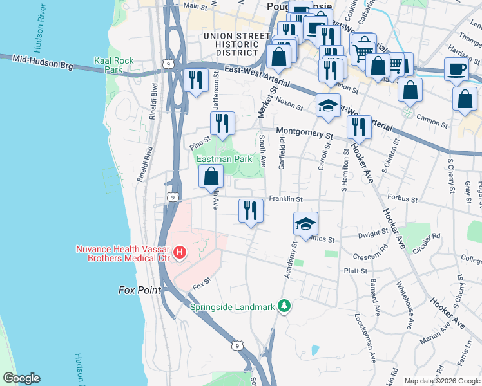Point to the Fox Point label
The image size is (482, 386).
(x=139, y=290)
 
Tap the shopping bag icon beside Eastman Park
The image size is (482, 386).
(x=211, y=177)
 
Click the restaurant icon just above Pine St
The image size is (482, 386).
(x=223, y=124)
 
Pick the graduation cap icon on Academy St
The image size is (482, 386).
(x=305, y=224)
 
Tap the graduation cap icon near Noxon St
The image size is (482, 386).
(x=328, y=106)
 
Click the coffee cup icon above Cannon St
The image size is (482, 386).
(x=456, y=69)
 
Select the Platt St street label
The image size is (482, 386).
(x=355, y=271)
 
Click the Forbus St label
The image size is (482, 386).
(x=403, y=199)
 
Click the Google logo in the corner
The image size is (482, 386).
(x=21, y=378)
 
